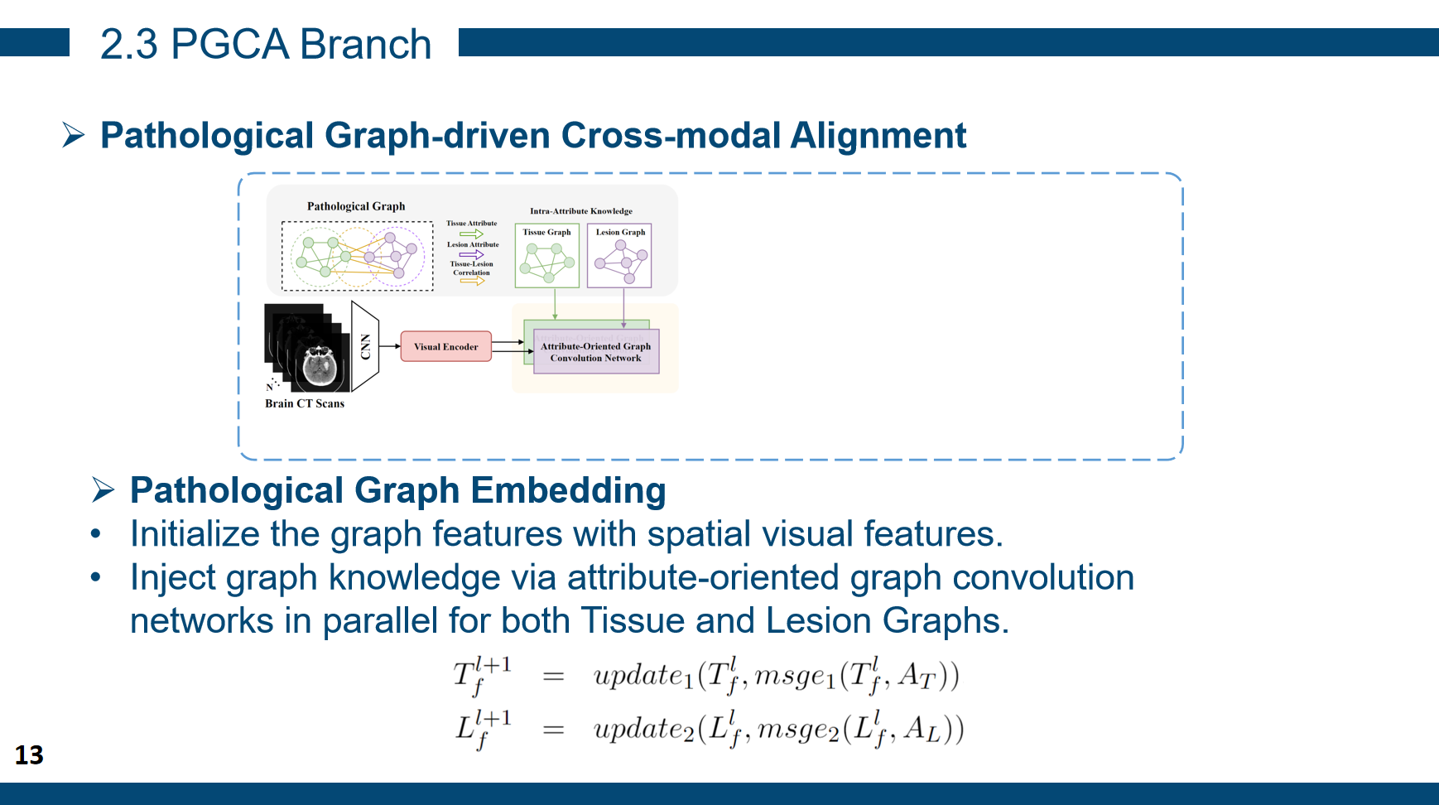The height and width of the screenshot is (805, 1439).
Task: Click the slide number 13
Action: click(29, 754)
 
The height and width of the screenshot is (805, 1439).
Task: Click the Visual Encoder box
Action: click(445, 346)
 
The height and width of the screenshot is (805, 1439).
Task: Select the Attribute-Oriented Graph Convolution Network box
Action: click(596, 352)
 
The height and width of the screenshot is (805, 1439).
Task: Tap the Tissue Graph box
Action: click(546, 255)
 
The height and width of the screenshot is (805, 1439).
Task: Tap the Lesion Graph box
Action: click(619, 255)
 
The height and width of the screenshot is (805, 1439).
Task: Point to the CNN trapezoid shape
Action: click(365, 346)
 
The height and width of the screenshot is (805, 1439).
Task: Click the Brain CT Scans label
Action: click(305, 403)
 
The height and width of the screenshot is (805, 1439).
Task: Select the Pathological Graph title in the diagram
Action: click(356, 206)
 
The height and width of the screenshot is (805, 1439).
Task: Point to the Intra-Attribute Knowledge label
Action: click(580, 211)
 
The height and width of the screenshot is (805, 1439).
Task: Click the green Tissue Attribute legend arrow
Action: click(471, 234)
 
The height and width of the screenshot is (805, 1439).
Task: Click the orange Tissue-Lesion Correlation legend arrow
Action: click(472, 281)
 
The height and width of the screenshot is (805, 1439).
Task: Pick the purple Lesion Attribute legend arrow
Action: click(471, 254)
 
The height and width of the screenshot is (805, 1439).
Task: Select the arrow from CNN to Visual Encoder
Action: click(390, 346)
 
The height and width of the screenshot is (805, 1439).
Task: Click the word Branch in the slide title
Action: click(365, 44)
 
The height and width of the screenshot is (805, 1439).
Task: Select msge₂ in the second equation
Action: click(798, 729)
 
